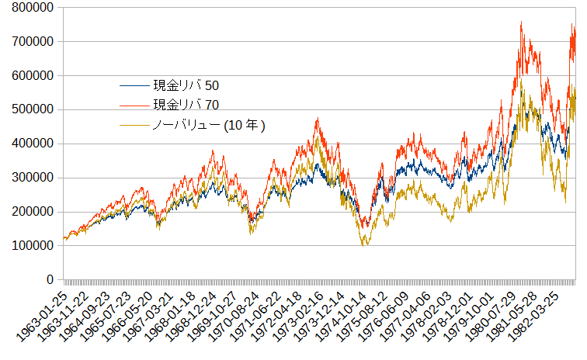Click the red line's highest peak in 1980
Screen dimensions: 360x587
(521, 22)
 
